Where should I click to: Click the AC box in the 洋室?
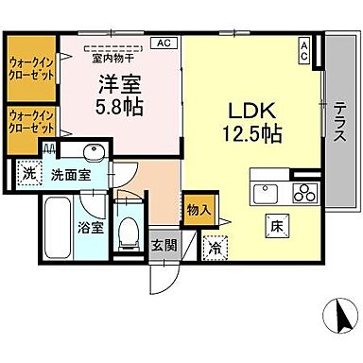coord(164,43)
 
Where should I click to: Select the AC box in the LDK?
coord(303,50)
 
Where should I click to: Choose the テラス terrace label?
coord(336,122)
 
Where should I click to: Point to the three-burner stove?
coord(304,194)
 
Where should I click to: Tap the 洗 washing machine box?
coord(29,174)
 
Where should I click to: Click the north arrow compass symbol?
coord(337,315)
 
